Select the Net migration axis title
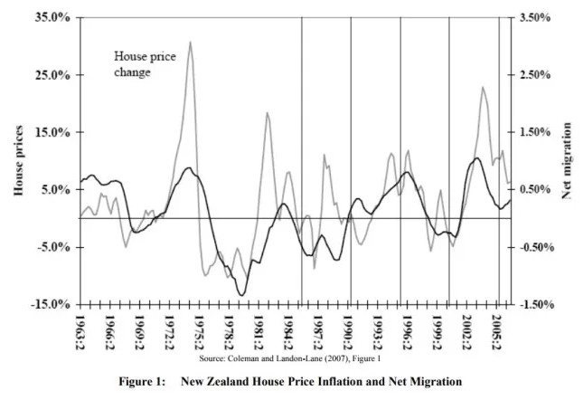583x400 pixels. click(567, 161)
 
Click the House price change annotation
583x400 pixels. click(144, 63)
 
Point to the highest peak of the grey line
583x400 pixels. click(190, 42)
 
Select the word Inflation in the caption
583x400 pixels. click(339, 381)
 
